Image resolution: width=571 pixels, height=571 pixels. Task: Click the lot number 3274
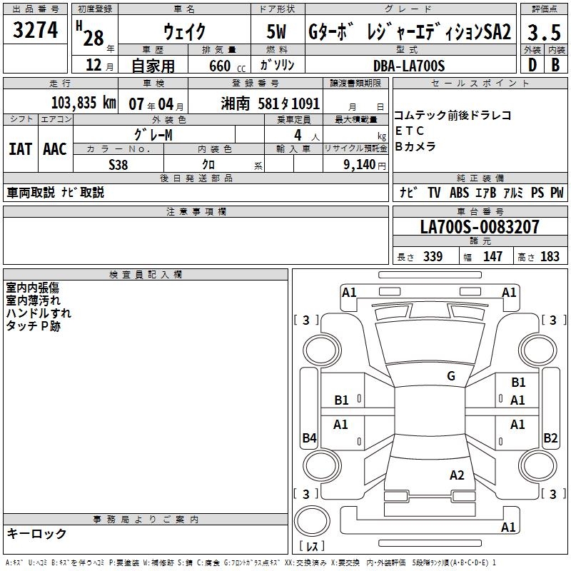click(x=35, y=30)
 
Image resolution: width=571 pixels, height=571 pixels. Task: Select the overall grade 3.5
click(x=544, y=32)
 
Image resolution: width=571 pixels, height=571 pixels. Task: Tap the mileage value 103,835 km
click(x=84, y=103)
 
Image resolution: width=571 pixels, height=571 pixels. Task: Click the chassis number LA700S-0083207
click(x=480, y=226)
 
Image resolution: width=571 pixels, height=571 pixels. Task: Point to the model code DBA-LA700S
click(x=409, y=66)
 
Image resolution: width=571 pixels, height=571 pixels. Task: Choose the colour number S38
click(x=118, y=165)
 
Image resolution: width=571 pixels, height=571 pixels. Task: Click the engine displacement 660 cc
click(x=227, y=66)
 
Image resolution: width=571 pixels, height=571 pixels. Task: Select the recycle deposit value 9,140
click(x=360, y=165)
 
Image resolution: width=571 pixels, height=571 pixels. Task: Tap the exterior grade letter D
click(x=532, y=65)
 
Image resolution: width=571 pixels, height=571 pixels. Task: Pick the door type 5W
click(x=276, y=31)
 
